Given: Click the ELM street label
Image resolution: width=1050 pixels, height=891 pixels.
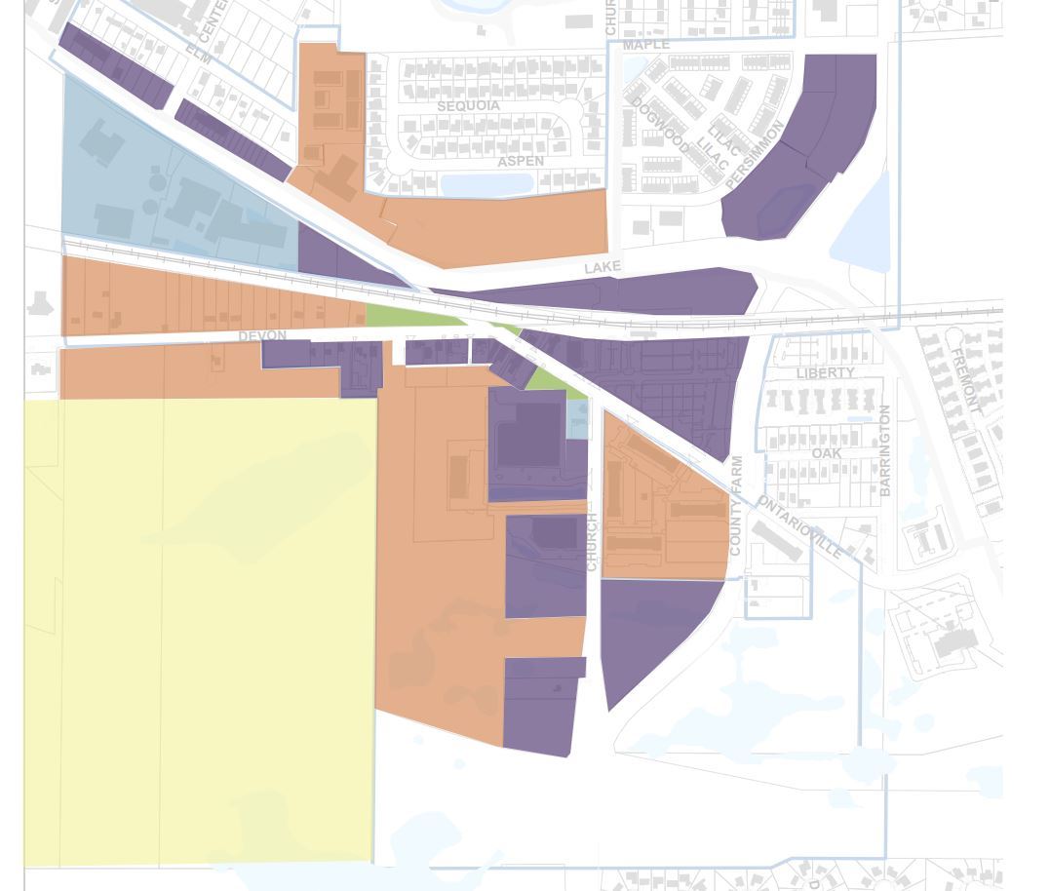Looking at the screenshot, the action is (x=199, y=53).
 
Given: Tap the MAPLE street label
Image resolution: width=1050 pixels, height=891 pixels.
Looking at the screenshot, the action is (x=646, y=45).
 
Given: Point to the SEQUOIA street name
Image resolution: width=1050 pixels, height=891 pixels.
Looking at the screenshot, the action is (x=468, y=105).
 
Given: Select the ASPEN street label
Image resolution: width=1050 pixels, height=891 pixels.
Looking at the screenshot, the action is (x=521, y=161).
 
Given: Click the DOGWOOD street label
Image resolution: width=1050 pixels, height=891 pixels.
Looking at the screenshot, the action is (x=660, y=125).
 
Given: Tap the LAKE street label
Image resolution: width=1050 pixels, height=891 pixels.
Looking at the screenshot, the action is (x=603, y=267).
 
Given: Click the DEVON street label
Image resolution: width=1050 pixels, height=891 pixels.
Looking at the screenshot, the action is (x=262, y=336).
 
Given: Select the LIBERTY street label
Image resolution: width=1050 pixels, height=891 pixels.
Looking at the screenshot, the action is (x=825, y=373).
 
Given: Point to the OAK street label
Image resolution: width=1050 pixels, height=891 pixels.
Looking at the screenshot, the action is (x=826, y=453).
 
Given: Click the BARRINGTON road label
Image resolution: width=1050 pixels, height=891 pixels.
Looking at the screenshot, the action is (x=885, y=450).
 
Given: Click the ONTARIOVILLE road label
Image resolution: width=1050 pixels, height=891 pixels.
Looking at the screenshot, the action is (x=799, y=527).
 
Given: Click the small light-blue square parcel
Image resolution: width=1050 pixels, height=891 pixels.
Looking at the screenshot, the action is (x=578, y=418).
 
